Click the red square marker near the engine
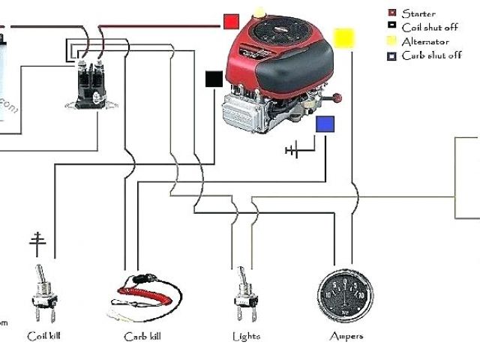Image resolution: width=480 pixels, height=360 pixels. pyautogui.click(x=231, y=21)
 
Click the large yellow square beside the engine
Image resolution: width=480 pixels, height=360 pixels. pyautogui.click(x=344, y=39)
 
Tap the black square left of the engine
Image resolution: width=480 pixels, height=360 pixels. pyautogui.click(x=214, y=78)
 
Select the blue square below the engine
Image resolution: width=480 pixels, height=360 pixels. pyautogui.click(x=325, y=125)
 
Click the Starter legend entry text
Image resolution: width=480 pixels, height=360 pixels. pyautogui.click(x=418, y=13)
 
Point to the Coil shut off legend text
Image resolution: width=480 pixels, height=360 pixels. pyautogui.click(x=430, y=27)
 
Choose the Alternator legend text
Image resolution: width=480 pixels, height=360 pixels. pyautogui.click(x=425, y=41)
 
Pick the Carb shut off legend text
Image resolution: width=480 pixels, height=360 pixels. pyautogui.click(x=431, y=55)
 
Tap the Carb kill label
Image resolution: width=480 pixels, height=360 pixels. pyautogui.click(x=142, y=336)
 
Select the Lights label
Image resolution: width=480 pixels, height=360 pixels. pyautogui.click(x=246, y=336)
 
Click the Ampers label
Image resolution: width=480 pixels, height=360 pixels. pyautogui.click(x=346, y=336)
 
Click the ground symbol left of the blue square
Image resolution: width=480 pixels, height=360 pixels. pyautogui.click(x=292, y=151)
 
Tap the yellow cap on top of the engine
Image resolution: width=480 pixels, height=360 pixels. pyautogui.click(x=259, y=12)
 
